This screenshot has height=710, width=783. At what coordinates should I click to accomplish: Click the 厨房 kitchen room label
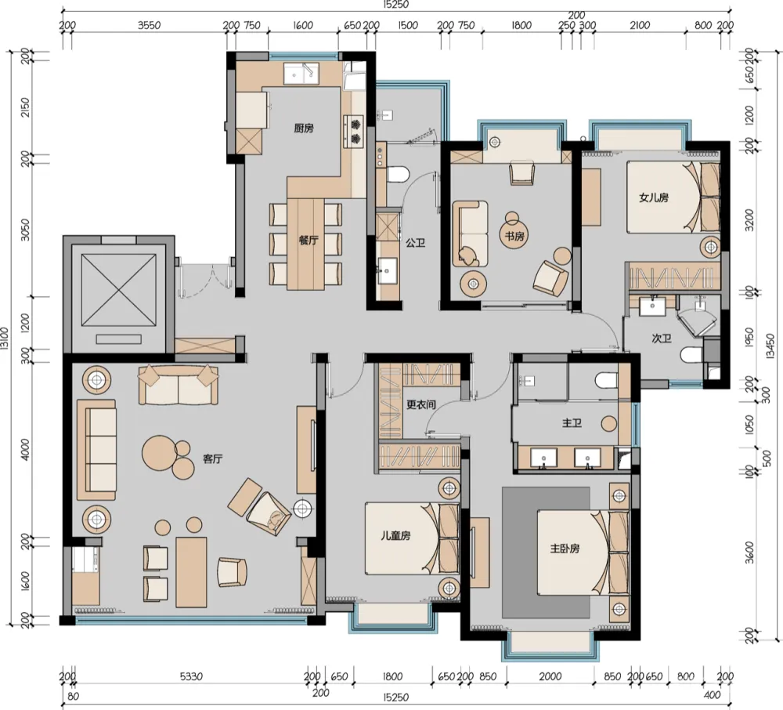click(x=304, y=129)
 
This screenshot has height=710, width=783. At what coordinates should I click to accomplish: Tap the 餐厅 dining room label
click(x=308, y=241)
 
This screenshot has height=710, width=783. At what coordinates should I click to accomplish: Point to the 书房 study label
click(x=513, y=235)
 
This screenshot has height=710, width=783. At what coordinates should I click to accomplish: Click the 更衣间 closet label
click(x=420, y=406)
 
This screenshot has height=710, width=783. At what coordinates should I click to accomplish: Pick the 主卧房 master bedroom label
click(x=565, y=549)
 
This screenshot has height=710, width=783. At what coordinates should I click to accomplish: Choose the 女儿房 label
click(x=653, y=198)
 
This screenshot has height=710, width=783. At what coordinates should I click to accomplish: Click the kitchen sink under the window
click(x=301, y=74)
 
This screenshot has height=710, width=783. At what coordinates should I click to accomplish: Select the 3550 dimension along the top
click(x=149, y=25)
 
